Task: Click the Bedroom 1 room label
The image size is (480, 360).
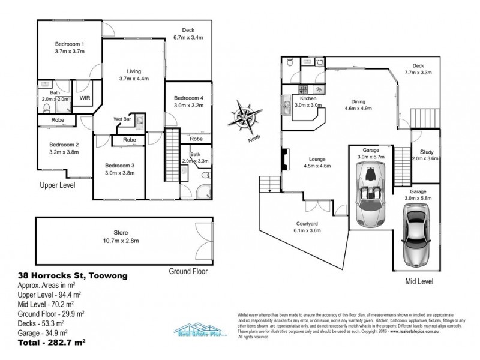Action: tap(70, 44)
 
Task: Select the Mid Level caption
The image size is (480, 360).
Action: tap(420, 281)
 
